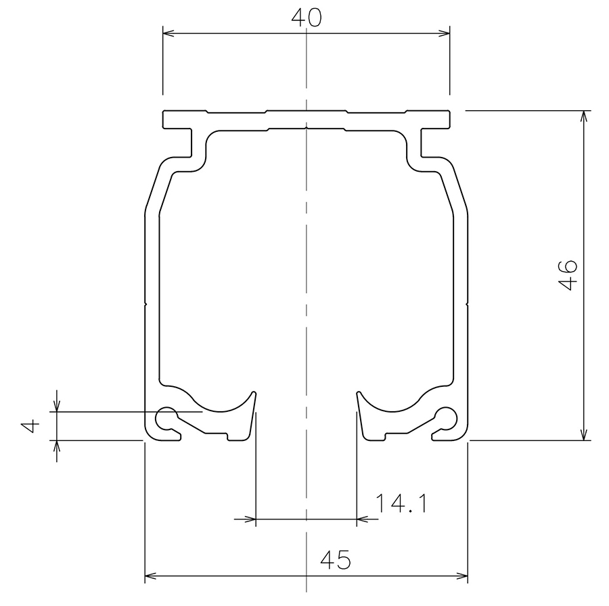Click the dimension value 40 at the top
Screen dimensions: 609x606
pyautogui.click(x=307, y=18)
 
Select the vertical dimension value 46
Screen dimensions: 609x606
pyautogui.click(x=568, y=275)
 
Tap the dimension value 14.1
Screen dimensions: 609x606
pyautogui.click(x=401, y=503)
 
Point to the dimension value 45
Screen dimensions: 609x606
pyautogui.click(x=336, y=560)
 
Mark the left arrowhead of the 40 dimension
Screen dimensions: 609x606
pyautogui.click(x=168, y=33)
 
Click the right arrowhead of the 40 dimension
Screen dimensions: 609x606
pyautogui.click(x=444, y=33)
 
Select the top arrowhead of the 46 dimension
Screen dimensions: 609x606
pyautogui.click(x=583, y=116)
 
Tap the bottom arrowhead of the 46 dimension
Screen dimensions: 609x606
pyautogui.click(x=583, y=434)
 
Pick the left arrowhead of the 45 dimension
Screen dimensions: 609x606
pyautogui.click(x=151, y=576)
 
